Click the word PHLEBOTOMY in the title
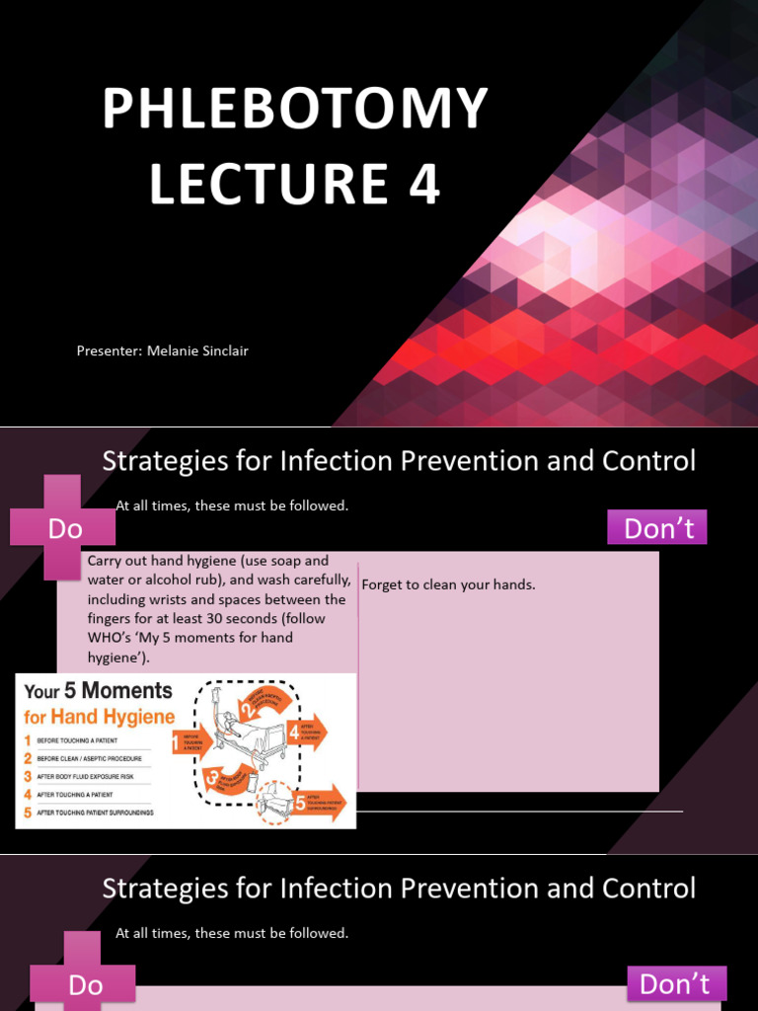(x=295, y=110)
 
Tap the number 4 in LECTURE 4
(x=424, y=185)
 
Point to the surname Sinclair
(x=226, y=351)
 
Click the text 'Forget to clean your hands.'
(x=448, y=584)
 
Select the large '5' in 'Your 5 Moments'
(x=72, y=692)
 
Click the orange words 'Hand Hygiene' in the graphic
(x=119, y=718)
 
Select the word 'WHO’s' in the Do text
(x=110, y=638)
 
